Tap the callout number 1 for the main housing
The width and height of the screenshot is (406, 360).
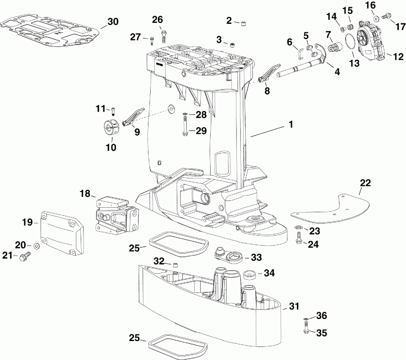[291, 125]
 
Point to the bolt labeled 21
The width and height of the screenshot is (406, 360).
[24, 257]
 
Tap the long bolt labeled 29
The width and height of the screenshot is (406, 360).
[185, 126]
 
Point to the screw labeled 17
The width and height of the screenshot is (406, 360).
[386, 17]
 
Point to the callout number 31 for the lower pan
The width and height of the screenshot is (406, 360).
[294, 307]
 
